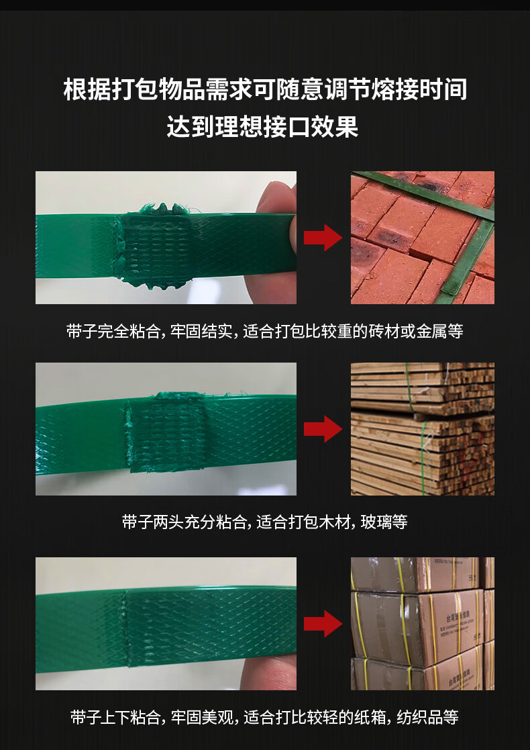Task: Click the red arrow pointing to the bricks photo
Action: (x=323, y=237)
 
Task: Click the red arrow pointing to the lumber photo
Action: (x=323, y=429)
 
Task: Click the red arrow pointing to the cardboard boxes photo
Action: (x=323, y=624)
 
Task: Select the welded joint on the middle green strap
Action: (x=164, y=432)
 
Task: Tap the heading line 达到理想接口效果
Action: (x=263, y=126)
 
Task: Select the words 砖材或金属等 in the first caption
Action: (x=420, y=332)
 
